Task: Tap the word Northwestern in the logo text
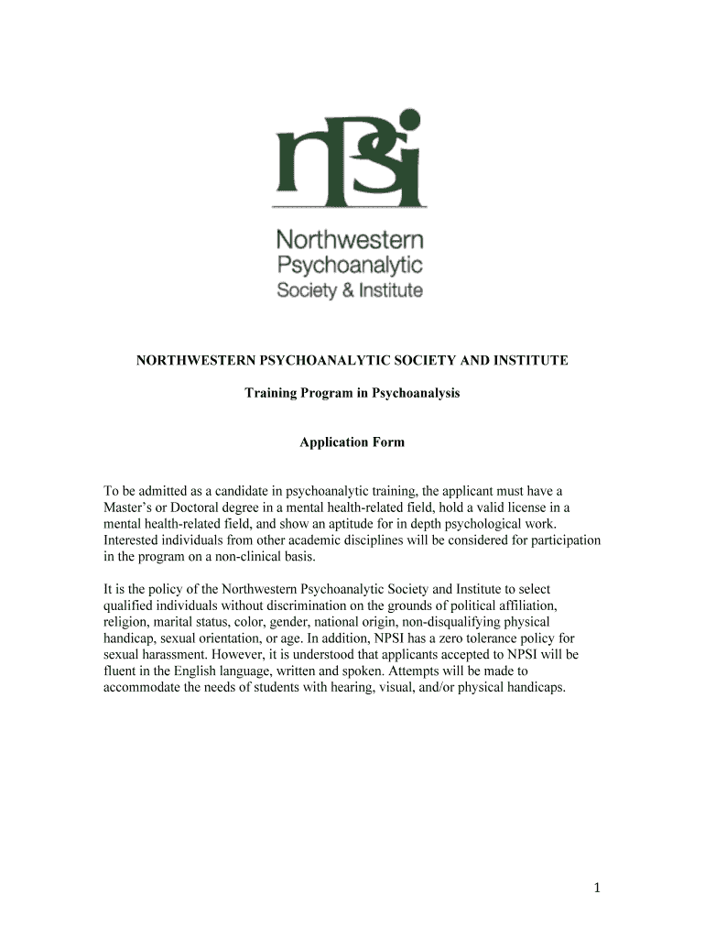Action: click(x=351, y=242)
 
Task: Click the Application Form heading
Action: click(x=352, y=442)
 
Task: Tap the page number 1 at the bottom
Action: click(x=594, y=888)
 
